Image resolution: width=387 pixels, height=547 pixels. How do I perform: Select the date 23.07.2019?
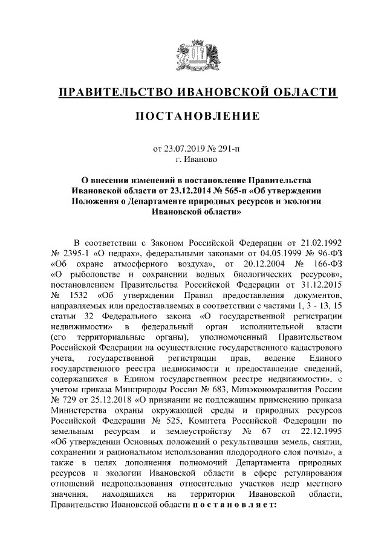click(x=186, y=147)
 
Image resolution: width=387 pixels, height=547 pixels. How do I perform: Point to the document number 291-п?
click(x=224, y=147)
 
